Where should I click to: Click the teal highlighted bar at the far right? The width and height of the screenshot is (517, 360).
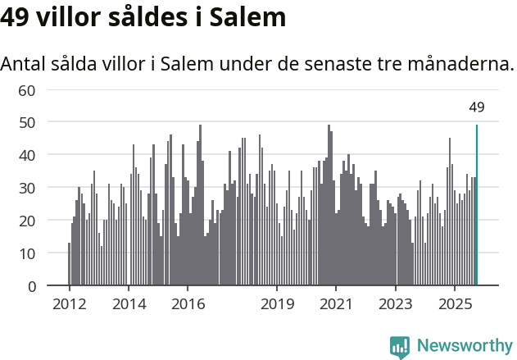click(x=477, y=205)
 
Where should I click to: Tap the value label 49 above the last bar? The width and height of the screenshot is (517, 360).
click(x=477, y=107)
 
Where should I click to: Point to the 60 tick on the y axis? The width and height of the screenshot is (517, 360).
click(x=27, y=89)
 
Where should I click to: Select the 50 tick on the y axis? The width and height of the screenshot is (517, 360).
click(x=27, y=122)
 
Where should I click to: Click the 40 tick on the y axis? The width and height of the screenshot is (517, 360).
click(x=27, y=155)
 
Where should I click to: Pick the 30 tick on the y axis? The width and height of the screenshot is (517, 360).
click(x=27, y=188)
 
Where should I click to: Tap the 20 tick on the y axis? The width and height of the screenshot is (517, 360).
click(x=27, y=221)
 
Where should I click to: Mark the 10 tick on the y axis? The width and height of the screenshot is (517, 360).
click(x=27, y=253)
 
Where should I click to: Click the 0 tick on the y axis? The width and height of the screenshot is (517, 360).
click(x=31, y=286)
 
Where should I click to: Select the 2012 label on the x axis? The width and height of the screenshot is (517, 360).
click(x=69, y=303)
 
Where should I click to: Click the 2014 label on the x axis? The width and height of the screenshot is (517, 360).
click(x=129, y=303)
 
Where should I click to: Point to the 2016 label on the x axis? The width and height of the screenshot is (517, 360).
click(x=188, y=303)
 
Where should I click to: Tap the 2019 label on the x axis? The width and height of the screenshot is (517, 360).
click(x=277, y=303)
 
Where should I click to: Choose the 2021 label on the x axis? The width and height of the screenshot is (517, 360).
click(x=337, y=303)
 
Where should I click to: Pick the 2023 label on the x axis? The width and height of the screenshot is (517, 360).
click(x=396, y=303)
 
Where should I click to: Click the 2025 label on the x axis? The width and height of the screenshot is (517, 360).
click(x=456, y=303)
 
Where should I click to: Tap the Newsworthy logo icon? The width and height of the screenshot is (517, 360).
click(x=400, y=347)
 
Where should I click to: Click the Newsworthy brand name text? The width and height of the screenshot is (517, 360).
click(x=464, y=346)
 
